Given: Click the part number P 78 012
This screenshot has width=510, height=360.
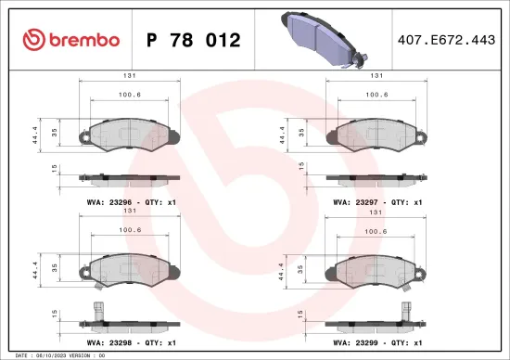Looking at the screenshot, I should [194, 40].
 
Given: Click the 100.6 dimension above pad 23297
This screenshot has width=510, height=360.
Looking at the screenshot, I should [376, 94].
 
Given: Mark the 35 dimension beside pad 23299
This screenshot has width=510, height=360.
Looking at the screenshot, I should [299, 271].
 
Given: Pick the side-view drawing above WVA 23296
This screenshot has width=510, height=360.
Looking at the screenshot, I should [128, 176].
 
